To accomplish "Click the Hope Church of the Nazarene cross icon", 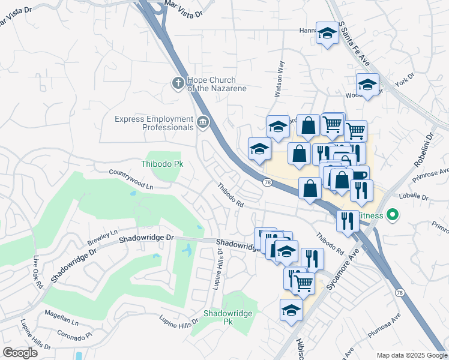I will coord(178,83).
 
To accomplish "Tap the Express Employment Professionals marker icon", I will coord(203,123).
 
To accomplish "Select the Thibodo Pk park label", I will coord(162,164).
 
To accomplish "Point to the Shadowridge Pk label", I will coord(228,317).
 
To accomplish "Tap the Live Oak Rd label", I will coord(38,273).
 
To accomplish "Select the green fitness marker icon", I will coord(393,214).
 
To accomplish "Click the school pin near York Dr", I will coord(367,84).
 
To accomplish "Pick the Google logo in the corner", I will coord(20,353).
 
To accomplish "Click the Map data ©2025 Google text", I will coord(411,355).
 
